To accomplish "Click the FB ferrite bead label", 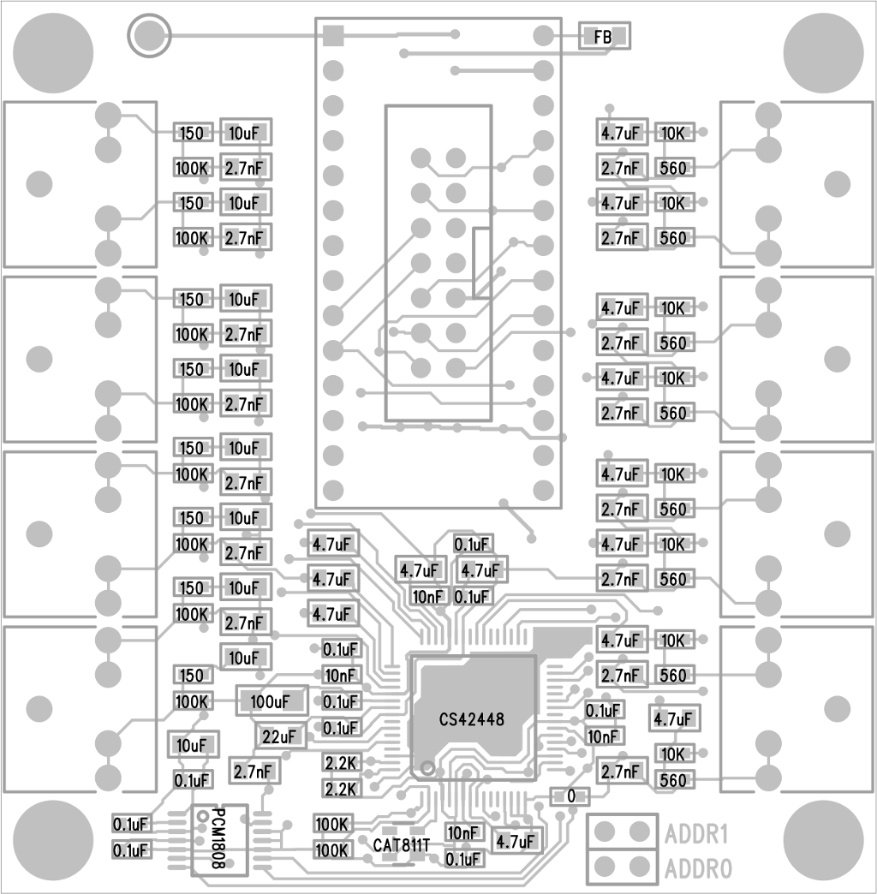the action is pyautogui.click(x=603, y=37).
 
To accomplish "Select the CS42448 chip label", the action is pyautogui.click(x=472, y=719).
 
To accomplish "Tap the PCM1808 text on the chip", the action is pyautogui.click(x=218, y=838).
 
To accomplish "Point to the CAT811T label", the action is pyautogui.click(x=402, y=845).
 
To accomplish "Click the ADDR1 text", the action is pyautogui.click(x=696, y=835).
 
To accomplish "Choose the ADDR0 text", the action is pyautogui.click(x=697, y=869).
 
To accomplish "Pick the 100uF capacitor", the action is pyautogui.click(x=272, y=701).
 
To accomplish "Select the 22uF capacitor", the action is pyautogui.click(x=280, y=736).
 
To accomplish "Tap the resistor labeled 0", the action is pyautogui.click(x=570, y=796).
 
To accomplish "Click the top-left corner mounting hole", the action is pyautogui.click(x=52, y=53).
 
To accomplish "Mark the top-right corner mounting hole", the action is pyautogui.click(x=823, y=53).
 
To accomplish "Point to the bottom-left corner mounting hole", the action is pyautogui.click(x=52, y=840).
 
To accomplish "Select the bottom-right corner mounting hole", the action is pyautogui.click(x=823, y=840).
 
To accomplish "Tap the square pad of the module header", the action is pyautogui.click(x=333, y=35).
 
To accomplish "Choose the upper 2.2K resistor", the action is pyautogui.click(x=341, y=763).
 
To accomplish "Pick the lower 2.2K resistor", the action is pyautogui.click(x=341, y=789).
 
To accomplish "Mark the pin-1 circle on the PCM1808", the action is pyautogui.click(x=202, y=816).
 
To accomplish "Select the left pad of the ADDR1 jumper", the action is pyautogui.click(x=605, y=832).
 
